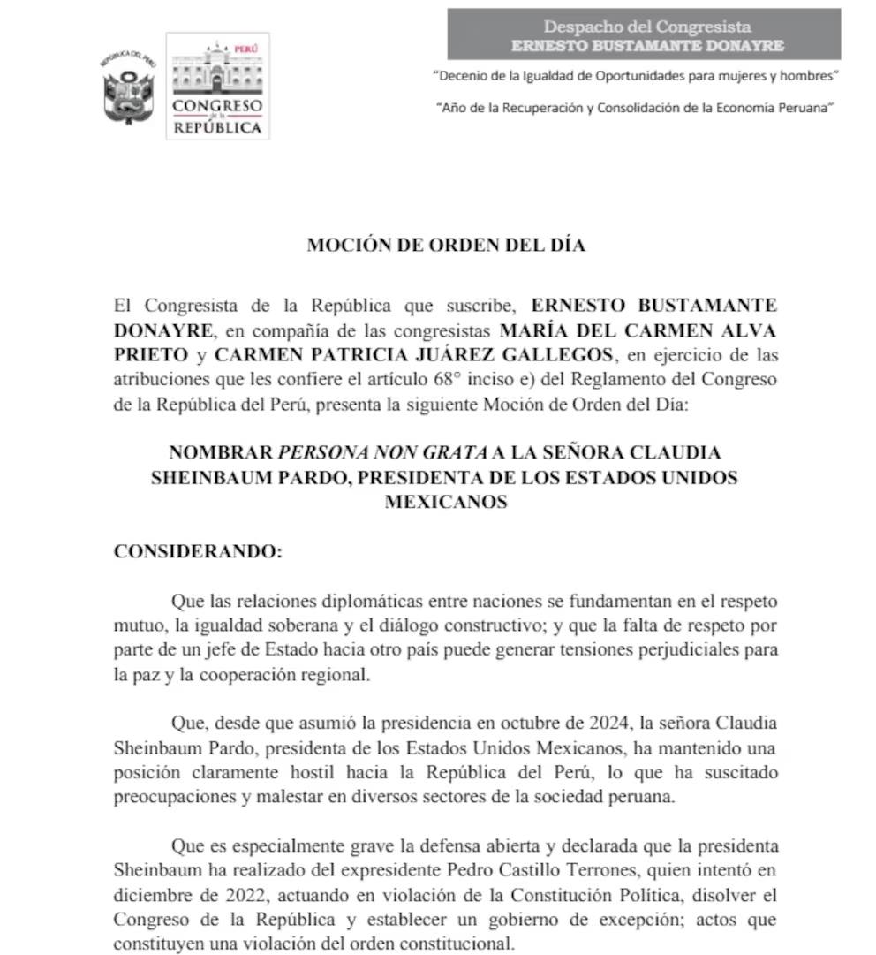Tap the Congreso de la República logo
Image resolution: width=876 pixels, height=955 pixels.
click(x=217, y=87)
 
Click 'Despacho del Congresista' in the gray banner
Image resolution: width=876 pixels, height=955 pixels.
click(x=646, y=27)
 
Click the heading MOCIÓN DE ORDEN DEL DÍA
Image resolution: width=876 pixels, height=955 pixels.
click(x=446, y=246)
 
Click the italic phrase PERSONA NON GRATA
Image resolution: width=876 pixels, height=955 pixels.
click(x=382, y=452)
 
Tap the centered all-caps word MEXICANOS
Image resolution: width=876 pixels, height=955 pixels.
click(x=445, y=502)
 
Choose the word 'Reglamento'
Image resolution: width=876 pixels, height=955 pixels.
click(x=608, y=380)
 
